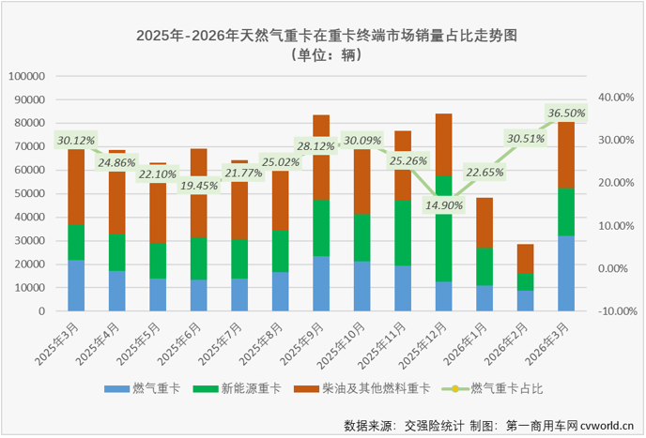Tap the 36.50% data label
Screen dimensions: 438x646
coord(566,113)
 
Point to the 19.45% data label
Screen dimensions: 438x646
coord(199,186)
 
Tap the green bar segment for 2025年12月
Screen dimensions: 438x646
coord(443,228)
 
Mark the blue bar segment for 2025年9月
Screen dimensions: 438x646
coord(321,283)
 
